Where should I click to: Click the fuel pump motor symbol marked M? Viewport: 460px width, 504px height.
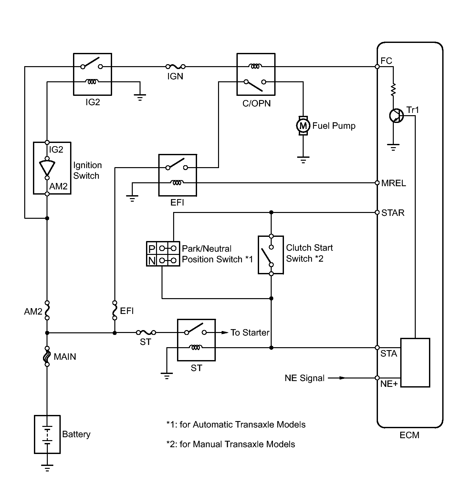point(303,126)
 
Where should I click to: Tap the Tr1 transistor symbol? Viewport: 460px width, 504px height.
point(396,116)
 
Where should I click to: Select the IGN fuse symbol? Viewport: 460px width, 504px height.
point(175,67)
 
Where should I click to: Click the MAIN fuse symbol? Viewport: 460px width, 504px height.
point(47,356)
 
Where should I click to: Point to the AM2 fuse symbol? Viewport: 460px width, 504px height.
point(47,310)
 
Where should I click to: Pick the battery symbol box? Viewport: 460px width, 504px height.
point(47,434)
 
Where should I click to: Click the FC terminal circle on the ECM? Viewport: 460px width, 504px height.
point(377,67)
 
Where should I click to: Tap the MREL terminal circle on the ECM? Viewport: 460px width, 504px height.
point(377,183)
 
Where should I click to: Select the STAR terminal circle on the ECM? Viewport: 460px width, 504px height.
point(377,213)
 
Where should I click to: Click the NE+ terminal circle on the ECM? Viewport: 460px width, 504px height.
point(377,378)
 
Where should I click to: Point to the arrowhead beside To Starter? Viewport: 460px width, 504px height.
point(225,332)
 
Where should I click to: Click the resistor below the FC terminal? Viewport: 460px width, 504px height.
point(393,90)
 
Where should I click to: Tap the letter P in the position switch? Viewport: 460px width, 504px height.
point(152,249)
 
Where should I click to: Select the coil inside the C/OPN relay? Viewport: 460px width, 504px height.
point(256,66)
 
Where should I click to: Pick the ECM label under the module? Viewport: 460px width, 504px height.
point(409,435)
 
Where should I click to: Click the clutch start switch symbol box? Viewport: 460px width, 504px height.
point(271,255)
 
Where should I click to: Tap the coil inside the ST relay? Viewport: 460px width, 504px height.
point(196,348)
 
